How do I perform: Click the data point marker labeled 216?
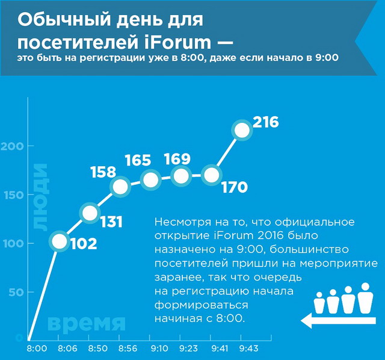pyautogui.click(x=242, y=130)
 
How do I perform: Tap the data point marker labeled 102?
pyautogui.click(x=60, y=241)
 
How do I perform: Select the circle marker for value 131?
pyautogui.click(x=90, y=213)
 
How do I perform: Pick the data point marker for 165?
pyautogui.click(x=150, y=179)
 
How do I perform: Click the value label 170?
pyautogui.click(x=234, y=188)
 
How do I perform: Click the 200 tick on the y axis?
pyautogui.click(x=14, y=146)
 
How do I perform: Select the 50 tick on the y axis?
pyautogui.click(x=16, y=292)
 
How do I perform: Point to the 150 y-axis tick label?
pyautogui.click(x=14, y=194)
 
